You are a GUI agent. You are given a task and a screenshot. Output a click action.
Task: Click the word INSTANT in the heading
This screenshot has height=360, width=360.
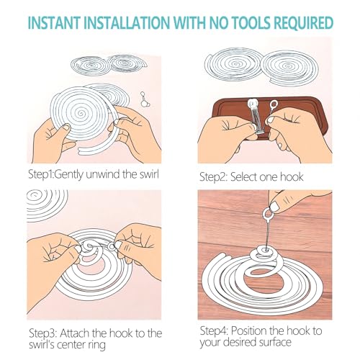pos(54,23)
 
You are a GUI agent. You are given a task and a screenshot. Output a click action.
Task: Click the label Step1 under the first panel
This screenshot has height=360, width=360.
pos(40,174)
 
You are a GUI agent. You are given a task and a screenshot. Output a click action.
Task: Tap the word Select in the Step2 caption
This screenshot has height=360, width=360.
pos(243,177)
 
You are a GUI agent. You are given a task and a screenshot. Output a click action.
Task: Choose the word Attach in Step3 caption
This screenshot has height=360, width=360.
pos(75,333)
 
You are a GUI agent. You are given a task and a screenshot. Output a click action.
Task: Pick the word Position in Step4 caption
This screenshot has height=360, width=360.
pos(248,330)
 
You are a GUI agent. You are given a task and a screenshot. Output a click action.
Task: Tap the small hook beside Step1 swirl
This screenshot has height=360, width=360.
pos(145,99)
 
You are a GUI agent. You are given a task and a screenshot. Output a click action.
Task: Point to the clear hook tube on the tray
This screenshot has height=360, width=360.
pos(256,117)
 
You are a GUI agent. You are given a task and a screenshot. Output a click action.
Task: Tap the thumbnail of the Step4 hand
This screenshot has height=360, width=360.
pos(274,206)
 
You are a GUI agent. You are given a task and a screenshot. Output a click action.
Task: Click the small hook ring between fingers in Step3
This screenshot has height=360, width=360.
pos(112,246)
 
